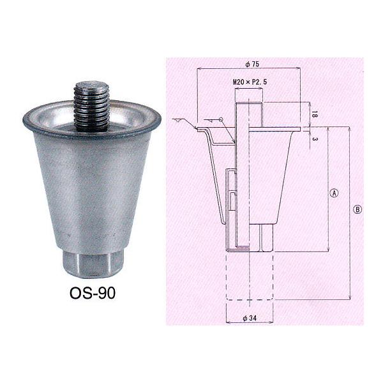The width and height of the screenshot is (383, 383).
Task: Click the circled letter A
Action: pyautogui.click(x=333, y=191)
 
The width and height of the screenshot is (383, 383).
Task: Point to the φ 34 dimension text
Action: pyautogui.click(x=250, y=319)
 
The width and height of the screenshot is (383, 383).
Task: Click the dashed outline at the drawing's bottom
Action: pyautogui.click(x=250, y=281)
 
